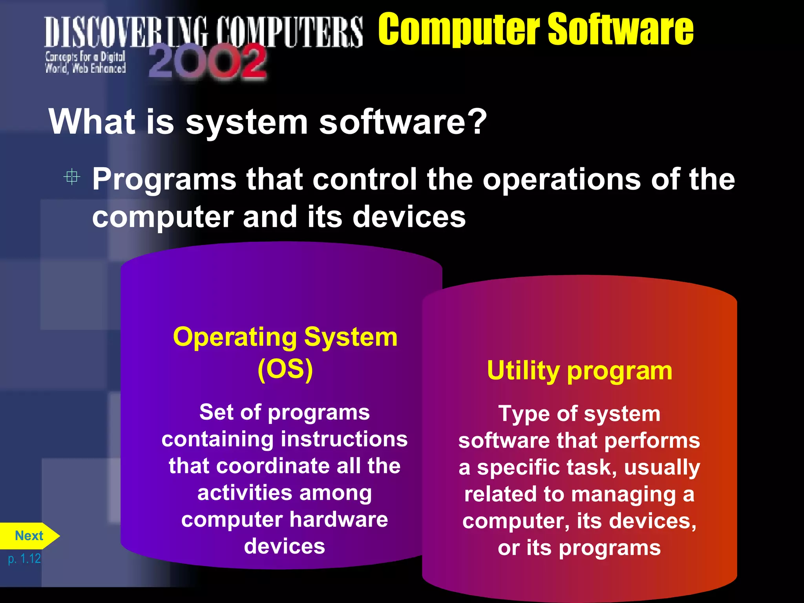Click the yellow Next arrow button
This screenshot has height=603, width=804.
(29, 536)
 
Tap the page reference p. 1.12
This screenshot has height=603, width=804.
(24, 558)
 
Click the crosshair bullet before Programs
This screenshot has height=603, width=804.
(72, 177)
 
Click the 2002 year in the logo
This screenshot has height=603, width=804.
(208, 62)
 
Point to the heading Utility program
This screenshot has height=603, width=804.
(579, 371)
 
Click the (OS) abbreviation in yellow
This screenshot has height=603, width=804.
(285, 369)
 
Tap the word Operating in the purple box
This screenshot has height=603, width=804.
(235, 337)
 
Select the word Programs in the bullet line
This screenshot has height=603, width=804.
(164, 179)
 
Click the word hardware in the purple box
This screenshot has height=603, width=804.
(339, 519)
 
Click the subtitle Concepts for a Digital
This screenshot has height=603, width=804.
(85, 57)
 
